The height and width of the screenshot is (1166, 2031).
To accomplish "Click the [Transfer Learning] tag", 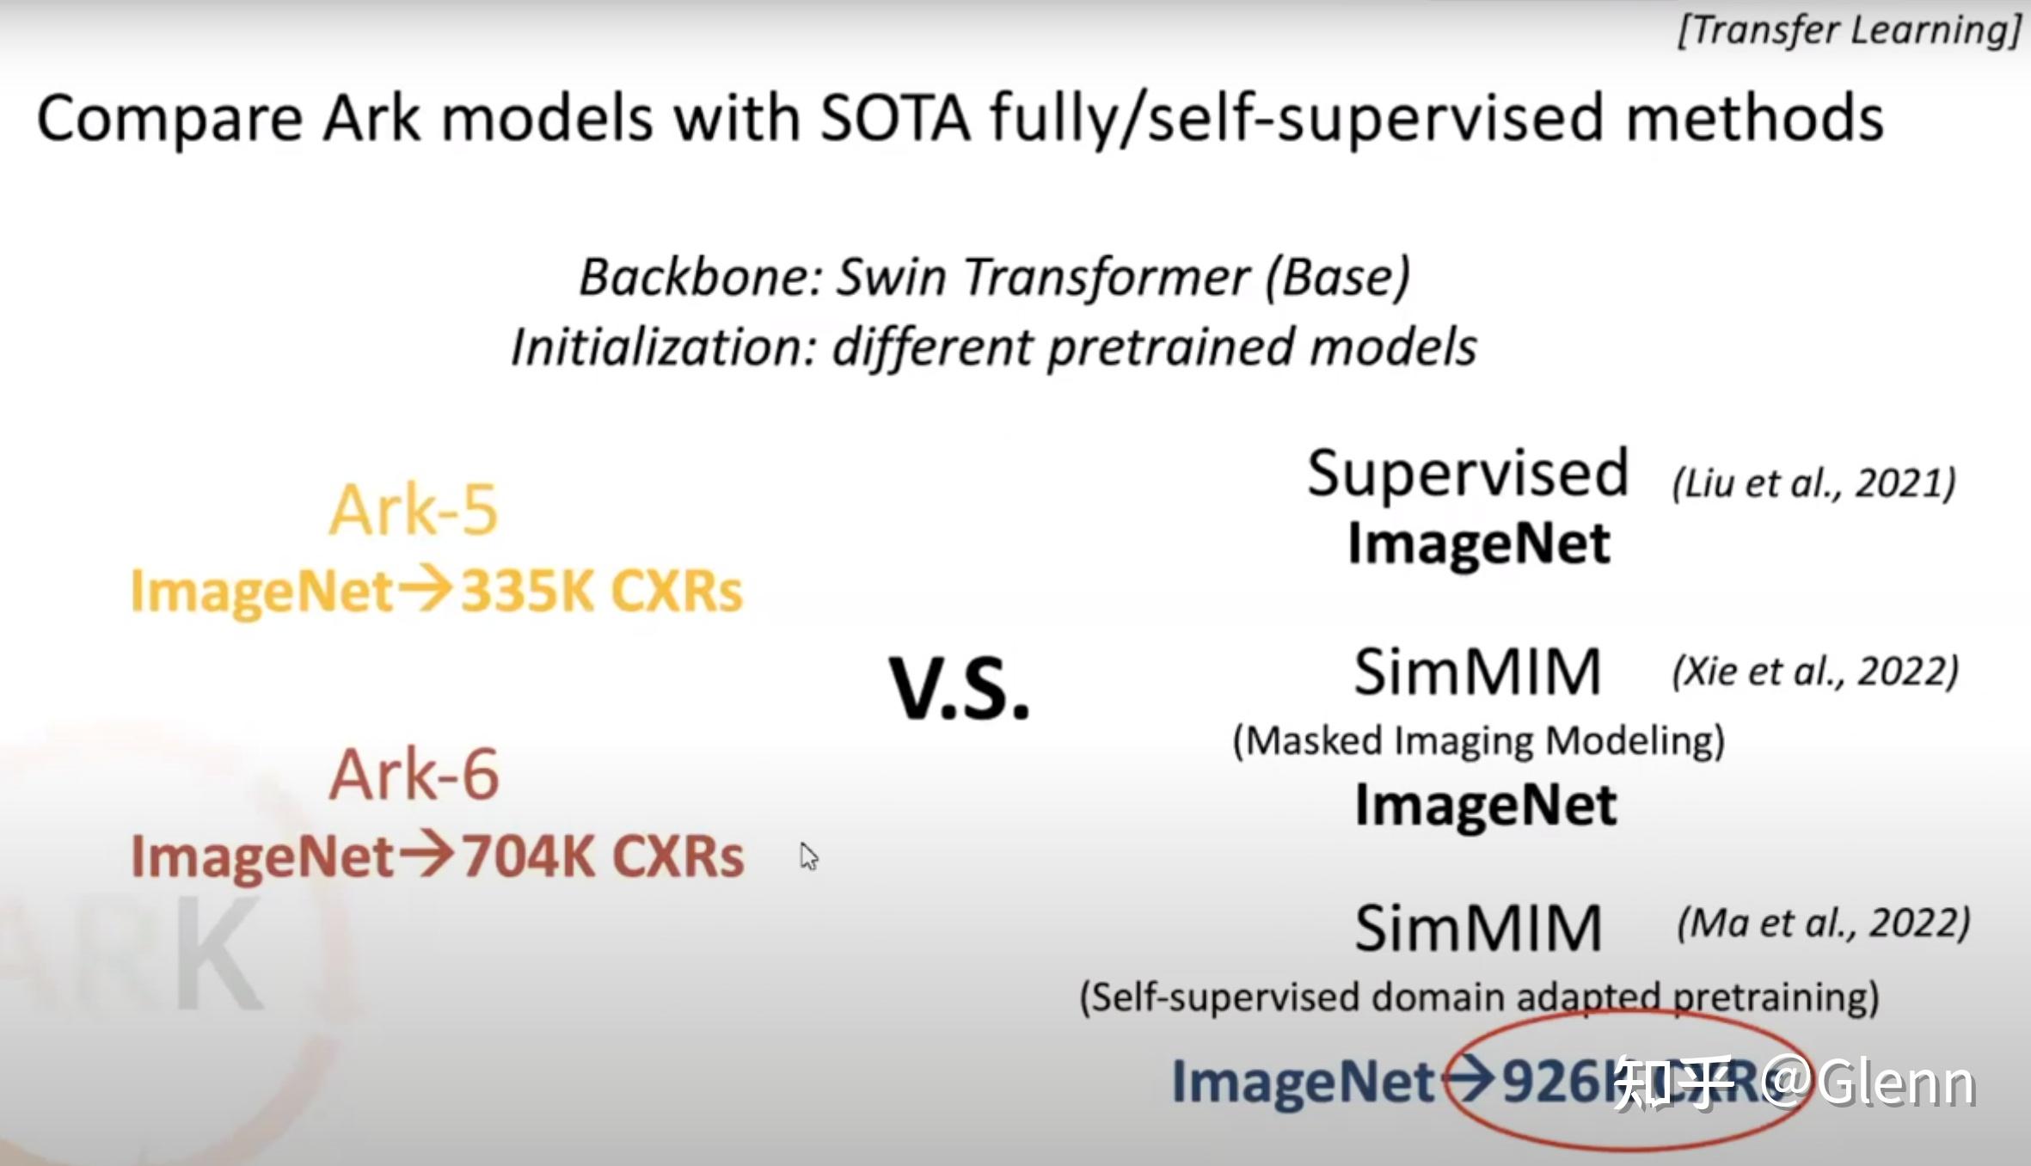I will pyautogui.click(x=1849, y=31).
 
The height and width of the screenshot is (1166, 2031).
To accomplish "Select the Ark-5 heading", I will pyautogui.click(x=413, y=510).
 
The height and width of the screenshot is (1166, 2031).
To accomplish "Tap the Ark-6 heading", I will pyautogui.click(x=414, y=774).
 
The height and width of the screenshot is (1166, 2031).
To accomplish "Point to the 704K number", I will pyautogui.click(x=530, y=856).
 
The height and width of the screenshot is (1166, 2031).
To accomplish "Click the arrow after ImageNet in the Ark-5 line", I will pyautogui.click(x=426, y=590).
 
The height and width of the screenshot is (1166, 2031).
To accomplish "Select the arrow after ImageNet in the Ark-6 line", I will pyautogui.click(x=426, y=855).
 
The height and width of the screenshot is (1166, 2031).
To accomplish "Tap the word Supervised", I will pyautogui.click(x=1468, y=473).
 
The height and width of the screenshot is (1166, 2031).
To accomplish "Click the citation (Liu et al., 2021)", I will pyautogui.click(x=1813, y=483).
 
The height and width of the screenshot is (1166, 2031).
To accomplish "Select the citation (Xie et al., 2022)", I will pyautogui.click(x=1815, y=672).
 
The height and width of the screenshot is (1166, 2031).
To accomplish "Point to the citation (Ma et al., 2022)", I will pyautogui.click(x=1823, y=924).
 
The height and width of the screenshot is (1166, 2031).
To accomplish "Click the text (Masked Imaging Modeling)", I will pyautogui.click(x=1478, y=740).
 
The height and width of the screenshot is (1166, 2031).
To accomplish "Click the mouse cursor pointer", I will pyautogui.click(x=807, y=856).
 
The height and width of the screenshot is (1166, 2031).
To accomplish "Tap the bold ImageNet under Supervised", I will pyautogui.click(x=1478, y=544).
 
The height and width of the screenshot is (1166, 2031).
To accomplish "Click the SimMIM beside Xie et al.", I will pyautogui.click(x=1478, y=672).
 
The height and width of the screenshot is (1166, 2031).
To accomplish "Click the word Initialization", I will pyautogui.click(x=662, y=348).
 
